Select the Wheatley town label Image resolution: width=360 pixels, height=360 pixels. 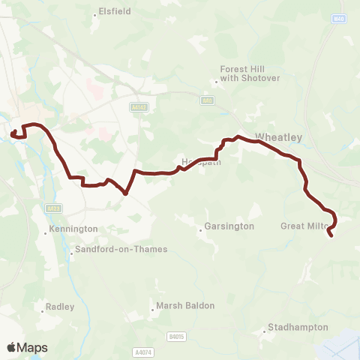coord(278,137)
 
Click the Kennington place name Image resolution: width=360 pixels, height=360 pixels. coord(73,229)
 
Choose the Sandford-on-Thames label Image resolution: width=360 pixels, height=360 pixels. coord(122,250)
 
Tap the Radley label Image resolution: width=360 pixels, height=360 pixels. coord(60,306)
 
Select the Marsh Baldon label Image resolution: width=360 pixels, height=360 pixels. coord(185,306)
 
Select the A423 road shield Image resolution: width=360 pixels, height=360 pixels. coord(53,208)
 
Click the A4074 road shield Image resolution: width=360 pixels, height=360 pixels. coord(142,351)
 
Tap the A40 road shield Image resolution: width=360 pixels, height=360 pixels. coord(207,100)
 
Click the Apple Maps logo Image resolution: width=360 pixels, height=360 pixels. coord(27,347)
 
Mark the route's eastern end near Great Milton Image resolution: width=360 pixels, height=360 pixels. coord(331,236)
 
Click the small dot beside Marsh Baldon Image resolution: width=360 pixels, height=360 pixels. coord(152,307)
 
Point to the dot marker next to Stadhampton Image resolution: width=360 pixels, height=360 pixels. coord(265,329)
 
